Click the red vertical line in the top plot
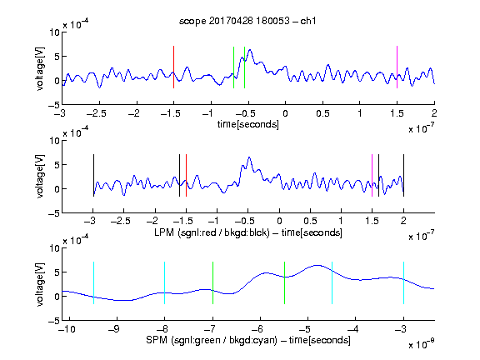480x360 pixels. (x=173, y=67)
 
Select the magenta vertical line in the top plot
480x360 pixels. (x=397, y=67)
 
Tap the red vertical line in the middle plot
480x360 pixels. (x=186, y=175)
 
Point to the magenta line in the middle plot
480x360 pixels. (x=372, y=175)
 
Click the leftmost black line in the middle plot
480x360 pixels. (x=93, y=175)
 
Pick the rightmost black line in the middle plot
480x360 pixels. (x=403, y=175)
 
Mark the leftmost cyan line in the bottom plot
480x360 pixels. (x=93, y=282)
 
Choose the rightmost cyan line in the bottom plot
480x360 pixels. (x=403, y=282)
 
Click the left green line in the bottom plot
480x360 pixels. (x=212, y=282)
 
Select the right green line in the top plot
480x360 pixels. (x=244, y=67)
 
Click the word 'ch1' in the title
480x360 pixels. (x=308, y=21)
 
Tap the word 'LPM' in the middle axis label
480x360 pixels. (x=164, y=232)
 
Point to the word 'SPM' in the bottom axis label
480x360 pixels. (x=157, y=340)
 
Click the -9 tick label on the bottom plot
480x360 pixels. (x=114, y=329)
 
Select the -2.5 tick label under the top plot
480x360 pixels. (x=96, y=113)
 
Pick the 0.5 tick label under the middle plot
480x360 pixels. (x=310, y=221)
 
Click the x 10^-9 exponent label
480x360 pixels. (x=422, y=344)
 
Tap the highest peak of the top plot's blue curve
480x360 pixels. (x=250, y=50)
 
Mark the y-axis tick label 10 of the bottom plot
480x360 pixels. (x=55, y=248)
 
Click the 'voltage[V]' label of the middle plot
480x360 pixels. (x=40, y=177)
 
